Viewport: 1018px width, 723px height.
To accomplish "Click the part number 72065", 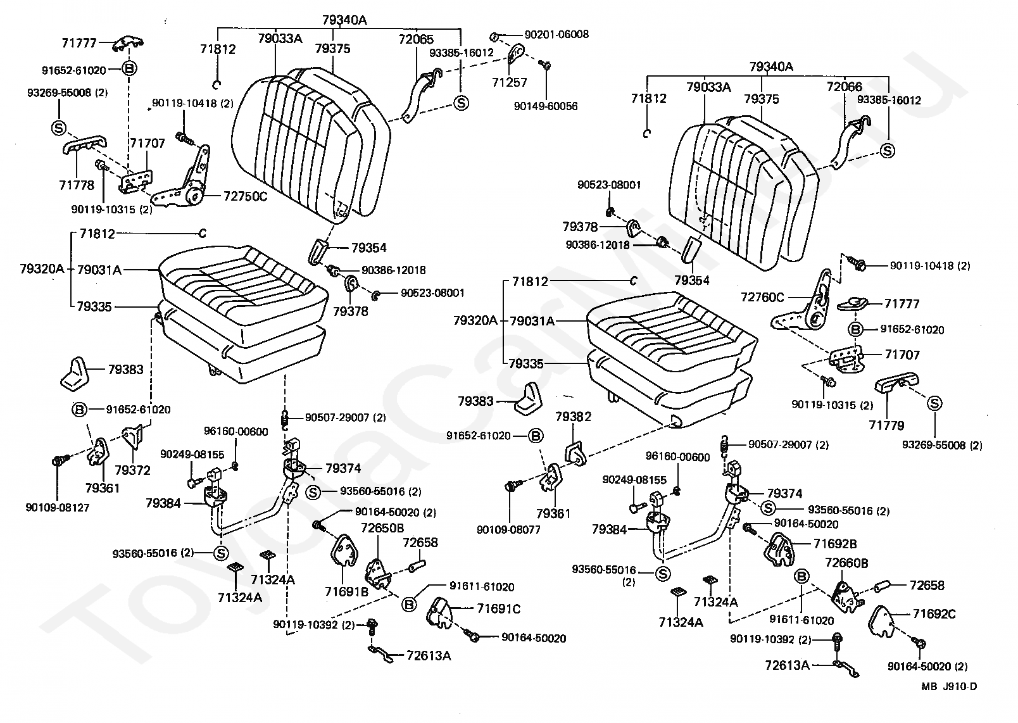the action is point(416,39).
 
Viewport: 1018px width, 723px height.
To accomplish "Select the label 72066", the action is point(845,86).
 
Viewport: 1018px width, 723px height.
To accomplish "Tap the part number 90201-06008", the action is point(556,35).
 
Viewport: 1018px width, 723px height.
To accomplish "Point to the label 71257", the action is point(510,82).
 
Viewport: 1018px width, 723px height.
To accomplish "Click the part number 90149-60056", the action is point(545,106).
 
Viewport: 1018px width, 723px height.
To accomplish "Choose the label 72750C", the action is point(246,196).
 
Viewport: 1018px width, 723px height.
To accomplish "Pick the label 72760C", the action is point(763,297).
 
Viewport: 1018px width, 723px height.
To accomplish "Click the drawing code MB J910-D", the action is point(949,686).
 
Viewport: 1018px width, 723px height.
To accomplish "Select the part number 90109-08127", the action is point(57,507).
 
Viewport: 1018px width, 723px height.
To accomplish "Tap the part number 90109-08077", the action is point(508,529).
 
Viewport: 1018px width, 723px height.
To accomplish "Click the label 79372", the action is point(132,470).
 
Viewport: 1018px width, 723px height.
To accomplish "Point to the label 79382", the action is point(573,417).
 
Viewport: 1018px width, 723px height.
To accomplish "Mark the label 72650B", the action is point(382,528).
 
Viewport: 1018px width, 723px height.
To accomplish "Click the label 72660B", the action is point(846,563).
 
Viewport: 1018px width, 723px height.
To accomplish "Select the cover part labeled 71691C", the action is point(439,613).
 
